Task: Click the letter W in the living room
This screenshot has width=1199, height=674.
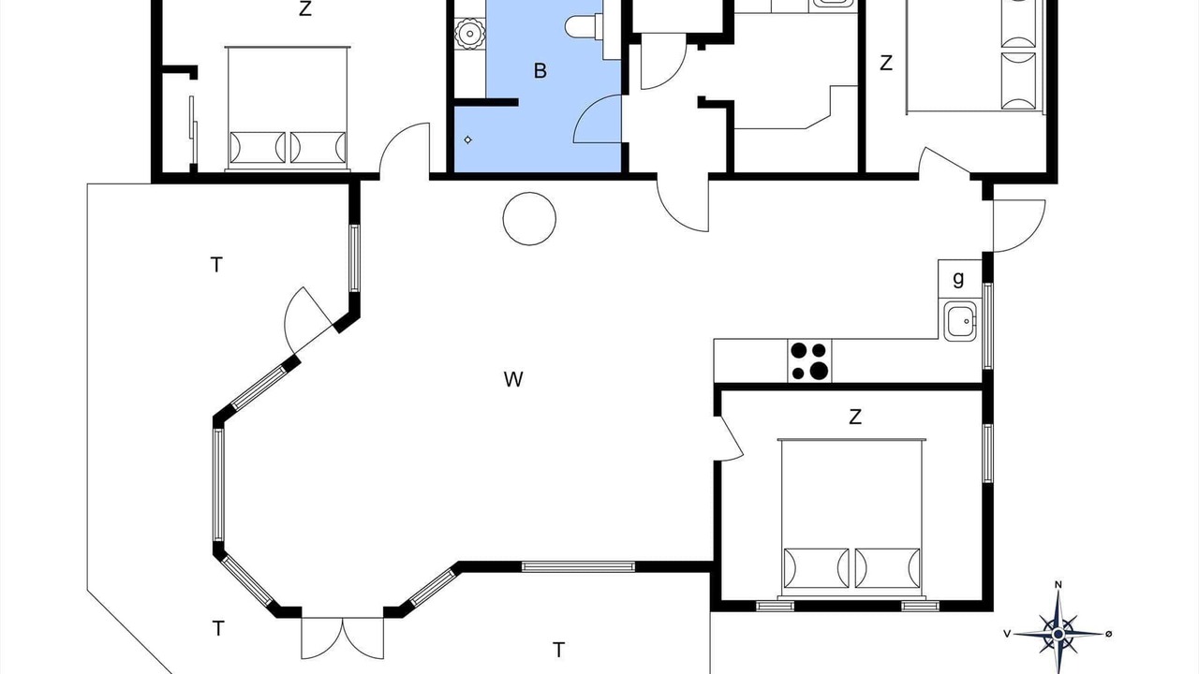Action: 513,379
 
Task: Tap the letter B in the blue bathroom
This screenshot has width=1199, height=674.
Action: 540,70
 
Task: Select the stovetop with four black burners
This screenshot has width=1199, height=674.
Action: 810,360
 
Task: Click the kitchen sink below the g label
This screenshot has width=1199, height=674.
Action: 960,321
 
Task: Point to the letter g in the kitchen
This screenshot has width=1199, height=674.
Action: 958,278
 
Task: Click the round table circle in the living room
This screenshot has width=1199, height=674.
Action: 529,219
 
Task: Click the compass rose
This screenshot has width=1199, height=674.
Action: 1058,634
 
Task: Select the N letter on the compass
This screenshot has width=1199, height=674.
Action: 1058,585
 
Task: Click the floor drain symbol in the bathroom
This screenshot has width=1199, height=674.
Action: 467,140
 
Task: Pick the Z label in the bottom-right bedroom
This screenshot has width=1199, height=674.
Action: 855,417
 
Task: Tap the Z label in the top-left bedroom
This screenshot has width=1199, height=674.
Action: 305,9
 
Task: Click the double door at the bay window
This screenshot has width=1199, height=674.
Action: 343,637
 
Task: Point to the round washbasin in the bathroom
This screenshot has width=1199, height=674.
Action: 470,34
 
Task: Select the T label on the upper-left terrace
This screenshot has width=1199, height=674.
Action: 216,265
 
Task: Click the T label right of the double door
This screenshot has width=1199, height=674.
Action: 559,650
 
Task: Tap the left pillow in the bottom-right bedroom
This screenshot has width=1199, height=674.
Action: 816,568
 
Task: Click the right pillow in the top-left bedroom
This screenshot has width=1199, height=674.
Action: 318,147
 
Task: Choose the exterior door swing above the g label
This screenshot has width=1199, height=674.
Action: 1019,226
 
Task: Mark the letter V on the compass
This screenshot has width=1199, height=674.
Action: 1007,634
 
